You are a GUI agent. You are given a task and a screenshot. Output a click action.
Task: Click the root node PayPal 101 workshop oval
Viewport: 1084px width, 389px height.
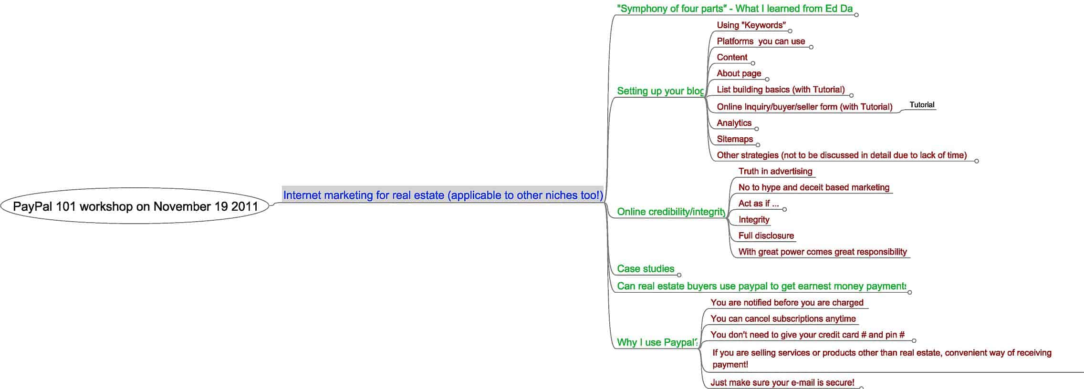(135, 206)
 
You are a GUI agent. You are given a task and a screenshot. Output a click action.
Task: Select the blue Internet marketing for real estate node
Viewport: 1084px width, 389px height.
(443, 195)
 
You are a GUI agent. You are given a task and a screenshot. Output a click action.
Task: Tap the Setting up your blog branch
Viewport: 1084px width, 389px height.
(660, 91)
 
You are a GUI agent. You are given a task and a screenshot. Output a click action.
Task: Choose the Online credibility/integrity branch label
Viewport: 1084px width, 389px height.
(671, 212)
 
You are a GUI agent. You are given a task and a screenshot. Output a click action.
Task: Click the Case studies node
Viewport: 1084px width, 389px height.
(645, 269)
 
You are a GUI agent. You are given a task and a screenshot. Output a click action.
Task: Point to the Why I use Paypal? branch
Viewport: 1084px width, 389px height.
(657, 342)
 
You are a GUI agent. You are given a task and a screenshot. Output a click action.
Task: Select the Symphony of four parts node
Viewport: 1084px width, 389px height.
(734, 9)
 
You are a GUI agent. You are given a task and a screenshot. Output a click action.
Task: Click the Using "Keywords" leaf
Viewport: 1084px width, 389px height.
(751, 25)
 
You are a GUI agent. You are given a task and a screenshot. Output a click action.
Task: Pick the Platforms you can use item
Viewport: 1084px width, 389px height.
(761, 41)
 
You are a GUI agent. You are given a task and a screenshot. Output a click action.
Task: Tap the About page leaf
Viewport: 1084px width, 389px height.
(739, 73)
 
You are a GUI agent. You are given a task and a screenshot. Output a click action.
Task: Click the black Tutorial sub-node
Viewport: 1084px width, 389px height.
(922, 105)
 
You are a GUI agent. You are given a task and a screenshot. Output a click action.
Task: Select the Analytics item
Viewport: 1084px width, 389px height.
(734, 123)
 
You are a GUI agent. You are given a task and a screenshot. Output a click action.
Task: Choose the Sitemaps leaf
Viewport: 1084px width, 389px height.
(735, 139)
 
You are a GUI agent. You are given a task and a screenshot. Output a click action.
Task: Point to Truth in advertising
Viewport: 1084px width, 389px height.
(775, 171)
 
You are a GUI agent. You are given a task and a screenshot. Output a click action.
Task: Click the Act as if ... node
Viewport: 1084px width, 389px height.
(758, 204)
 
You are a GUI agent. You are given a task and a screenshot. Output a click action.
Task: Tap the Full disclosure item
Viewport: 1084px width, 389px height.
(766, 235)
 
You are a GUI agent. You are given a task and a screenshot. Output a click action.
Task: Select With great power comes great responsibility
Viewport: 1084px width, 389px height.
(822, 252)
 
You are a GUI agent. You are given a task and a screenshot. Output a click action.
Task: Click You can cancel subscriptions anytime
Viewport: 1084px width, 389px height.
(783, 318)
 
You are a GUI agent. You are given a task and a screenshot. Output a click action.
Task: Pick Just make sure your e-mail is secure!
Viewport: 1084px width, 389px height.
(782, 382)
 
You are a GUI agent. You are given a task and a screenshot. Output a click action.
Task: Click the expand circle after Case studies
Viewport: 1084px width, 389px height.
(679, 275)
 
